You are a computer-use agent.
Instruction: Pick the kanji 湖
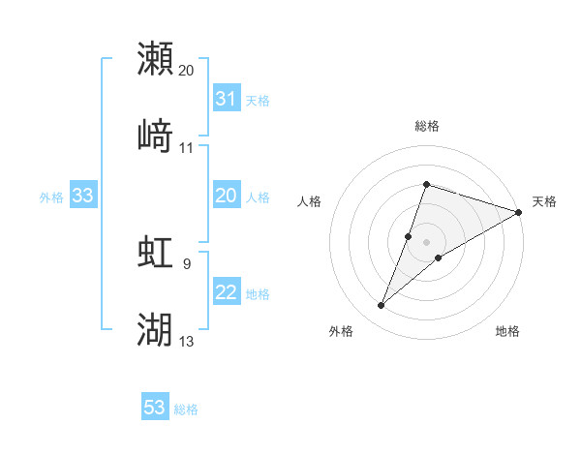(x=156, y=329)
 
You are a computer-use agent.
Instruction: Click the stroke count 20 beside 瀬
(x=187, y=71)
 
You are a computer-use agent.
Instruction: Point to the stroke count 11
(x=187, y=148)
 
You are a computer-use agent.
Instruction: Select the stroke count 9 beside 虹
(x=187, y=262)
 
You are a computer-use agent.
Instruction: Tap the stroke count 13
(x=187, y=341)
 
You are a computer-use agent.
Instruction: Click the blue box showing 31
(x=226, y=99)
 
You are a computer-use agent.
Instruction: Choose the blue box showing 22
(x=226, y=293)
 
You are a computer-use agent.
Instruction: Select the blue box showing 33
(x=82, y=197)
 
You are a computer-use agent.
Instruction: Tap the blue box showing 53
(x=155, y=409)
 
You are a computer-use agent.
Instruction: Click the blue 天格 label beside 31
(x=258, y=100)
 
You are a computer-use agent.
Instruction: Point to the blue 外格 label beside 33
(x=51, y=197)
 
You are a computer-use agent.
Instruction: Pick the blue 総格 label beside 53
(x=186, y=409)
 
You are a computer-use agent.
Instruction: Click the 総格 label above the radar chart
(x=426, y=126)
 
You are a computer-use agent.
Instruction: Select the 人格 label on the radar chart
(x=309, y=201)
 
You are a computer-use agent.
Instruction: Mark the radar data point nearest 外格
(x=382, y=306)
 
